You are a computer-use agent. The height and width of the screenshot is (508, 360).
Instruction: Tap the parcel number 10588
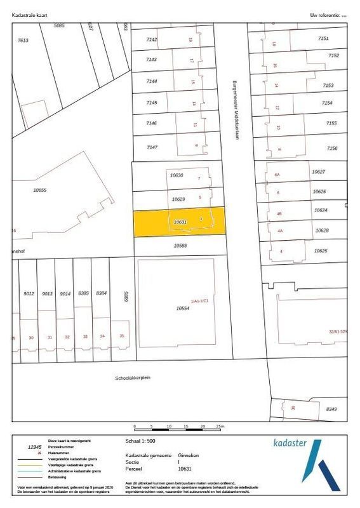183,244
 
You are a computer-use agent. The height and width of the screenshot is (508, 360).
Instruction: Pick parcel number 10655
41,190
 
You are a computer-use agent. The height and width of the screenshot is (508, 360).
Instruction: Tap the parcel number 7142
151,39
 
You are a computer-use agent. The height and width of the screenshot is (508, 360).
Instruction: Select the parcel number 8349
331,410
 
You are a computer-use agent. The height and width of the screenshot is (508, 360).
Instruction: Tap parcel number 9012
29,293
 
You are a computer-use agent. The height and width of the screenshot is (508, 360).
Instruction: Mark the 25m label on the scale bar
220,426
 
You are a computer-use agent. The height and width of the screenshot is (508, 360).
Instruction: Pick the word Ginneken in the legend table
187,455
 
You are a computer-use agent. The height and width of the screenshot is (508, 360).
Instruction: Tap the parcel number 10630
177,175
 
